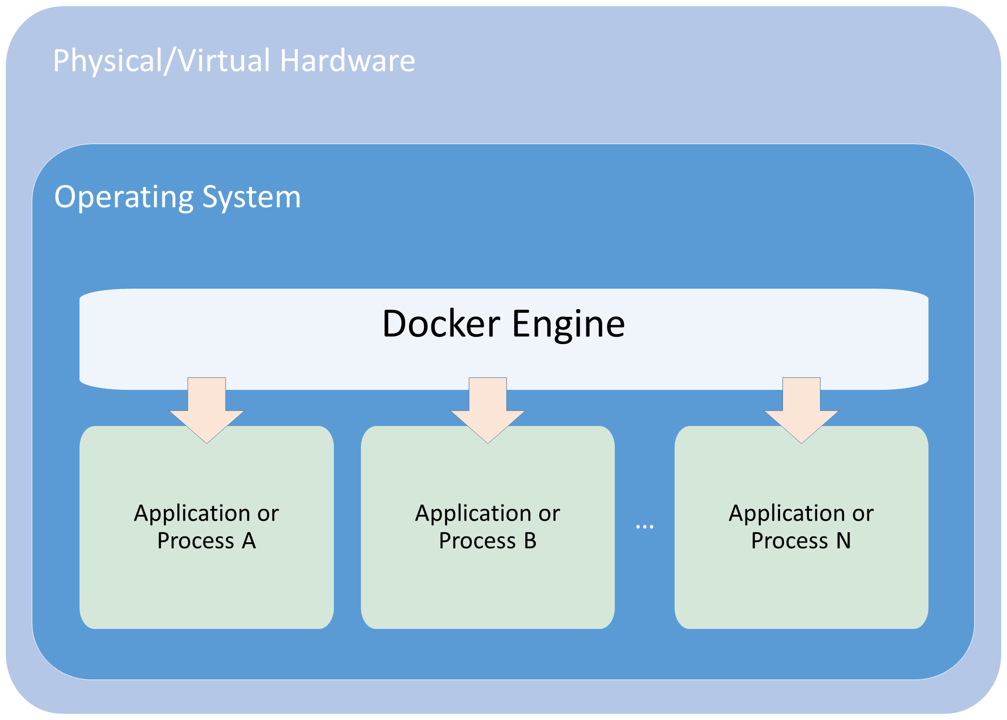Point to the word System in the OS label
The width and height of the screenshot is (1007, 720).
(252, 197)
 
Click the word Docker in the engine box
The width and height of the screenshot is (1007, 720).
(441, 323)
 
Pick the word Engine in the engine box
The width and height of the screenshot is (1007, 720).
(568, 324)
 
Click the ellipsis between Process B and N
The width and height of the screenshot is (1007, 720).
(645, 527)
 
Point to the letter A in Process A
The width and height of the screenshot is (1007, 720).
(249, 541)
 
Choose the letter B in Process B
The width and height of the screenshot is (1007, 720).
(530, 541)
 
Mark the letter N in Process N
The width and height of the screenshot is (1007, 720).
(843, 541)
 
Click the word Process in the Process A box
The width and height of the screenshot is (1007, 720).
(196, 541)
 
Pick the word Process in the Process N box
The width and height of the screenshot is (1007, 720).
(789, 541)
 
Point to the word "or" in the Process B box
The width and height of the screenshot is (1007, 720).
(549, 514)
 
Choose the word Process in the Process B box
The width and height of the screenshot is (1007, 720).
(477, 541)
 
